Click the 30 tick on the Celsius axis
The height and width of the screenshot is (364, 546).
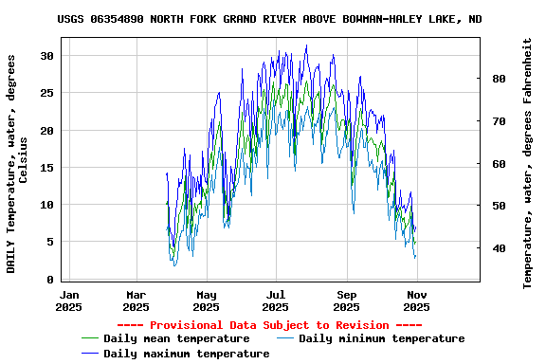[x=47, y=56]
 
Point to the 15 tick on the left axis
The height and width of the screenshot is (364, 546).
[x=47, y=168]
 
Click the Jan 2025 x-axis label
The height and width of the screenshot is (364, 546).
[x=68, y=300]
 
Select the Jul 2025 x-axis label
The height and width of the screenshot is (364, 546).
[x=275, y=300]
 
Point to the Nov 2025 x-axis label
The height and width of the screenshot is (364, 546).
[x=416, y=300]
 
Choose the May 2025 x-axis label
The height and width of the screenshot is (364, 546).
[x=206, y=300]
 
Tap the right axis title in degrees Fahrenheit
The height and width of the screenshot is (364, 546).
[x=528, y=163]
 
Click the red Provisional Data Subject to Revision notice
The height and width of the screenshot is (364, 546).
[x=273, y=324]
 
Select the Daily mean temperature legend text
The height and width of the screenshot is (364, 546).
[x=176, y=338]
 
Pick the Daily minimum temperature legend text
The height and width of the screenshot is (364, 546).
[x=381, y=338]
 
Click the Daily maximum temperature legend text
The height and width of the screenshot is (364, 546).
[x=186, y=354]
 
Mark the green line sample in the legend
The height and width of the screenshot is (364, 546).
[x=90, y=338]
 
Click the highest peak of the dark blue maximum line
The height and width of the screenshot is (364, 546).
[x=306, y=45]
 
